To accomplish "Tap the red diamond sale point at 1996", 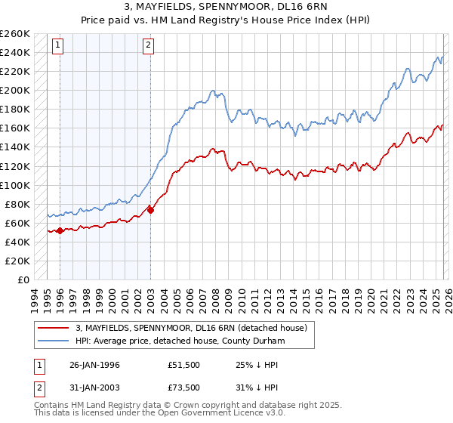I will pyautogui.click(x=60, y=230).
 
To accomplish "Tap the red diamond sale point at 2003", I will pyautogui.click(x=150, y=210).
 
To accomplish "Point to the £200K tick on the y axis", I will pyautogui.click(x=17, y=90).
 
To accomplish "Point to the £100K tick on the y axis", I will pyautogui.click(x=17, y=185).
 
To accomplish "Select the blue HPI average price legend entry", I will pyautogui.click(x=178, y=341).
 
